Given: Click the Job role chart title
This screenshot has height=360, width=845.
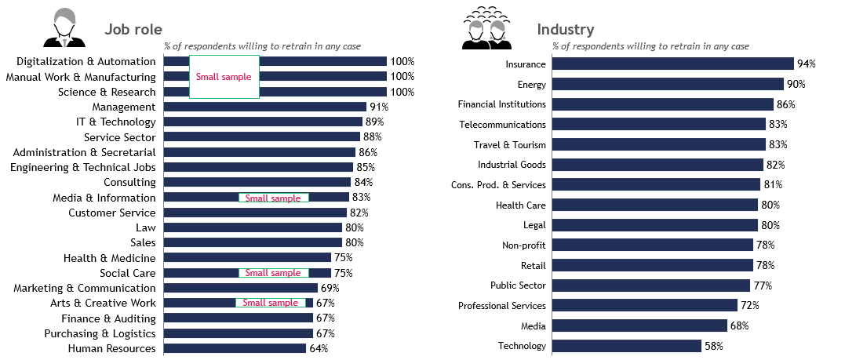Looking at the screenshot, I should (133, 30).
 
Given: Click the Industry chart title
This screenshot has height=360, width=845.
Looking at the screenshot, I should (565, 30).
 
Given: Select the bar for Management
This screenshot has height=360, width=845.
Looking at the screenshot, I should (265, 107).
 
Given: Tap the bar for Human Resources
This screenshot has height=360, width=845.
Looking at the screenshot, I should (235, 348).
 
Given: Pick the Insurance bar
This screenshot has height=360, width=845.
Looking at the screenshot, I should (673, 64).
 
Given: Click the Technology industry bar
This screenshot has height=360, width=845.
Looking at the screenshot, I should (627, 346).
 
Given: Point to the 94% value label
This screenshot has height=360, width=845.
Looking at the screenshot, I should (807, 64).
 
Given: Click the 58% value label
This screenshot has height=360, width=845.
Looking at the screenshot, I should (713, 346).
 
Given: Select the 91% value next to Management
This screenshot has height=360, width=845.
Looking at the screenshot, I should (379, 107).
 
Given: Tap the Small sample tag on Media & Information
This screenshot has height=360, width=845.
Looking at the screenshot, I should (273, 198).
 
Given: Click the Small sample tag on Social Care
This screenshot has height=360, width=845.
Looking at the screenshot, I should (273, 273).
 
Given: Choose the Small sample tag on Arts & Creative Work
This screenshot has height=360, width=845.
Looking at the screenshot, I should (271, 303).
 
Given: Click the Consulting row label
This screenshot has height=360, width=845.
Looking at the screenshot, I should (129, 182).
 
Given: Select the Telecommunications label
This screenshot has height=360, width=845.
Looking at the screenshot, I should (501, 125).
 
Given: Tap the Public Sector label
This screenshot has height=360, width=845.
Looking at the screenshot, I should (518, 285).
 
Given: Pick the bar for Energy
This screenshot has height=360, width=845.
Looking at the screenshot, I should (668, 84).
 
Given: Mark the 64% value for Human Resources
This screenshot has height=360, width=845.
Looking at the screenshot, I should (319, 348).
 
